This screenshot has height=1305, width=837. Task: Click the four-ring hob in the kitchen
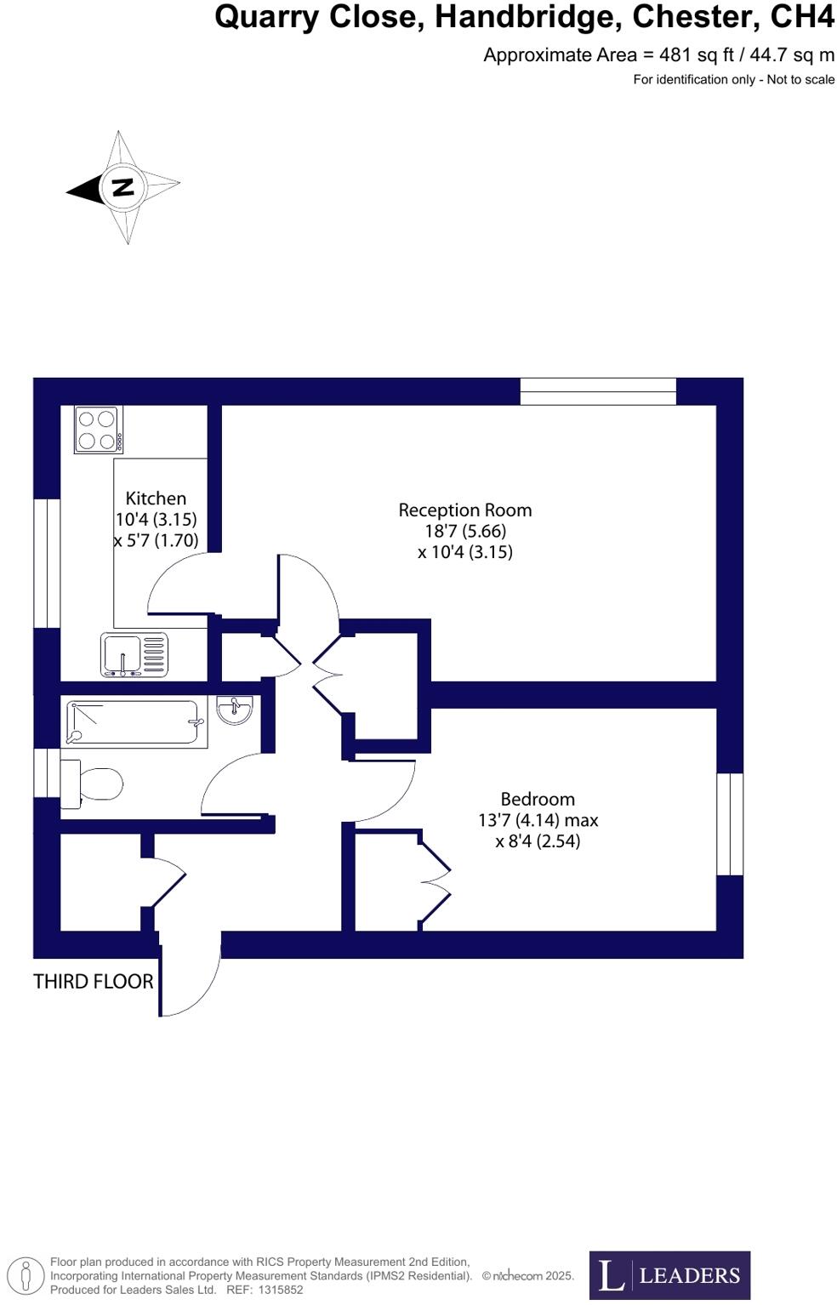click(x=98, y=430)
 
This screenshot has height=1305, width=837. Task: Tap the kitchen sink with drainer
click(x=134, y=654)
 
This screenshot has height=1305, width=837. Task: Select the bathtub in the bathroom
click(x=136, y=722)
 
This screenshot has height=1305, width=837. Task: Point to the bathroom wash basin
click(x=234, y=709)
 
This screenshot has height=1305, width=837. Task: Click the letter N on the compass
click(x=123, y=187)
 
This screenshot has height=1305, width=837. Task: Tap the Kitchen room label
click(x=156, y=499)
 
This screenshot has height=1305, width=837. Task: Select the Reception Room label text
click(x=464, y=510)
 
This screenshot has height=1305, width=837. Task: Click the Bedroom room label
click(x=538, y=799)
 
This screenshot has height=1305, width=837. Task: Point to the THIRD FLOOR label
click(x=94, y=981)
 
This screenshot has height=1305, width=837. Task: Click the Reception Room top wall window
click(x=598, y=391)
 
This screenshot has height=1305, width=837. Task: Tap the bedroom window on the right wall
click(x=730, y=823)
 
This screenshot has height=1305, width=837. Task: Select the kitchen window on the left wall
click(x=47, y=562)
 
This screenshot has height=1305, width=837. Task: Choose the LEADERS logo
click(x=669, y=1274)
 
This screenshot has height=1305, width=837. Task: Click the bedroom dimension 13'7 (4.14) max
click(x=538, y=820)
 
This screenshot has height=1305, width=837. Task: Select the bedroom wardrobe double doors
click(x=435, y=880)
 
